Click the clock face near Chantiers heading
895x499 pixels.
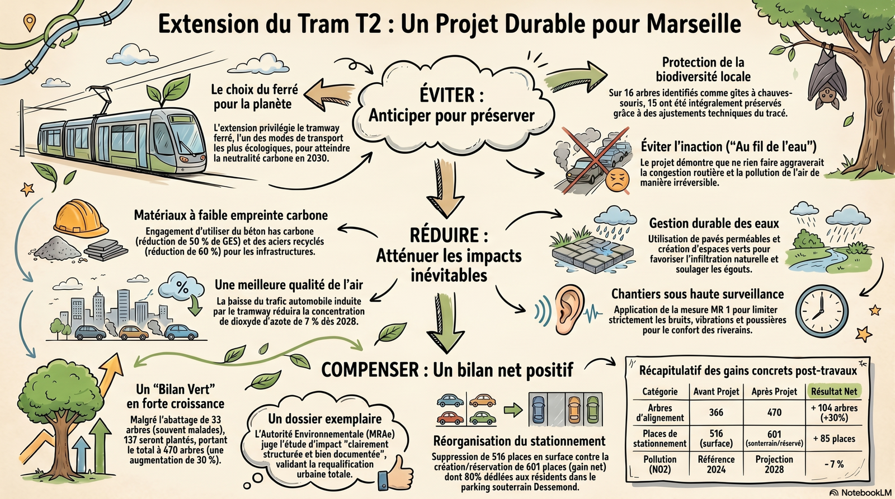coord(822,311)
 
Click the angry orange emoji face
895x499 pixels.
coord(617,179)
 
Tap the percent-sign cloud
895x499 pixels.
coord(181,286)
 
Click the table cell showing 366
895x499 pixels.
coord(716,412)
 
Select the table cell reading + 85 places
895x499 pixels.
coord(834,438)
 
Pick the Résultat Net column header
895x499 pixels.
coord(834,391)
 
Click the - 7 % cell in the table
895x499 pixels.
coord(834,464)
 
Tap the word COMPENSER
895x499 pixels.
coord(370,370)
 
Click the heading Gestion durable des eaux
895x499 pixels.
coord(714,223)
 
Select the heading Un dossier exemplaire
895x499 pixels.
coord(324,419)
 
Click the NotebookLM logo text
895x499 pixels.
coord(866,493)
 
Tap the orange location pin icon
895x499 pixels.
coord(29,23)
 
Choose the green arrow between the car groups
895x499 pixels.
coord(513,410)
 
